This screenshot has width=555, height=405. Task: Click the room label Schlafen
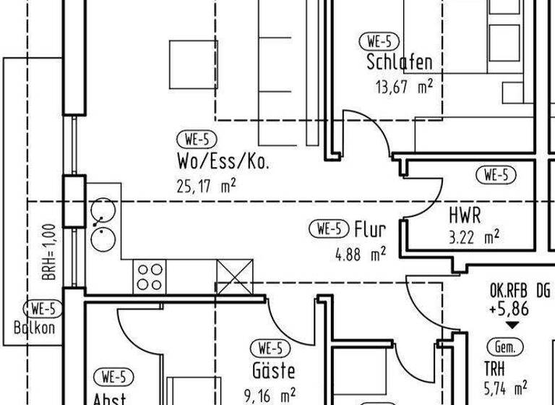pyautogui.click(x=400, y=62)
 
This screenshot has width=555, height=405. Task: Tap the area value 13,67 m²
pyautogui.click(x=403, y=87)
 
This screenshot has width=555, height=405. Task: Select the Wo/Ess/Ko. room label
pyautogui.click(x=223, y=161)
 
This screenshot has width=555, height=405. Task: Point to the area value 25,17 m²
pyautogui.click(x=206, y=186)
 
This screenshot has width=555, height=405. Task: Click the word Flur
pyautogui.click(x=370, y=230)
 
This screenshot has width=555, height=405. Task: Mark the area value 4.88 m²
pyautogui.click(x=360, y=254)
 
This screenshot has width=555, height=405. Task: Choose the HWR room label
pyautogui.click(x=465, y=215)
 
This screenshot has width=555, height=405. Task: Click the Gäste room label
pyautogui.click(x=273, y=371)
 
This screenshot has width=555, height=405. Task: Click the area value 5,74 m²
pyautogui.click(x=505, y=388)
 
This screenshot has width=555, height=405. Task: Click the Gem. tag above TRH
pyautogui.click(x=505, y=347)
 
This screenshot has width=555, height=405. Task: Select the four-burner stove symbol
pyautogui.click(x=149, y=276)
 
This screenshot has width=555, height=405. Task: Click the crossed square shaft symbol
pyautogui.click(x=235, y=276)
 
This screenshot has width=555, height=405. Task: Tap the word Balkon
pyautogui.click(x=34, y=327)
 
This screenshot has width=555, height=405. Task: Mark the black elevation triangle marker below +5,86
pyautogui.click(x=512, y=327)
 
